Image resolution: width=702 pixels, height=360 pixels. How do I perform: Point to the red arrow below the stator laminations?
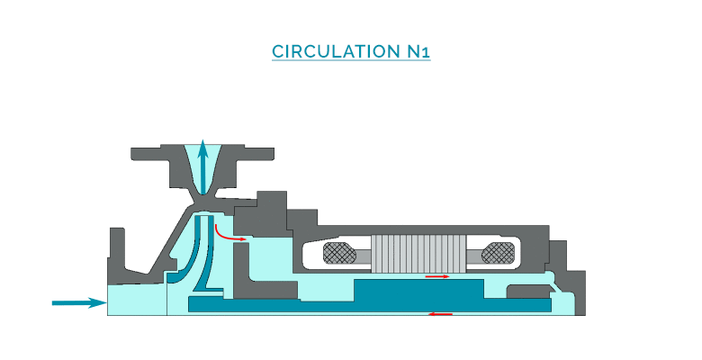[437, 276]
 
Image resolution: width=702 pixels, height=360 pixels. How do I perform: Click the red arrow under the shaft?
[440, 313]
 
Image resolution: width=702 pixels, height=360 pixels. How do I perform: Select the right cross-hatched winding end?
[498, 254]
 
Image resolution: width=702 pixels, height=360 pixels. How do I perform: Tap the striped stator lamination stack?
[419, 252]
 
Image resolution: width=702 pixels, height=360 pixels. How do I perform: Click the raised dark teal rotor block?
[419, 290]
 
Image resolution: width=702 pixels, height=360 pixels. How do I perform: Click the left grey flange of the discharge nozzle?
[158, 158]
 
